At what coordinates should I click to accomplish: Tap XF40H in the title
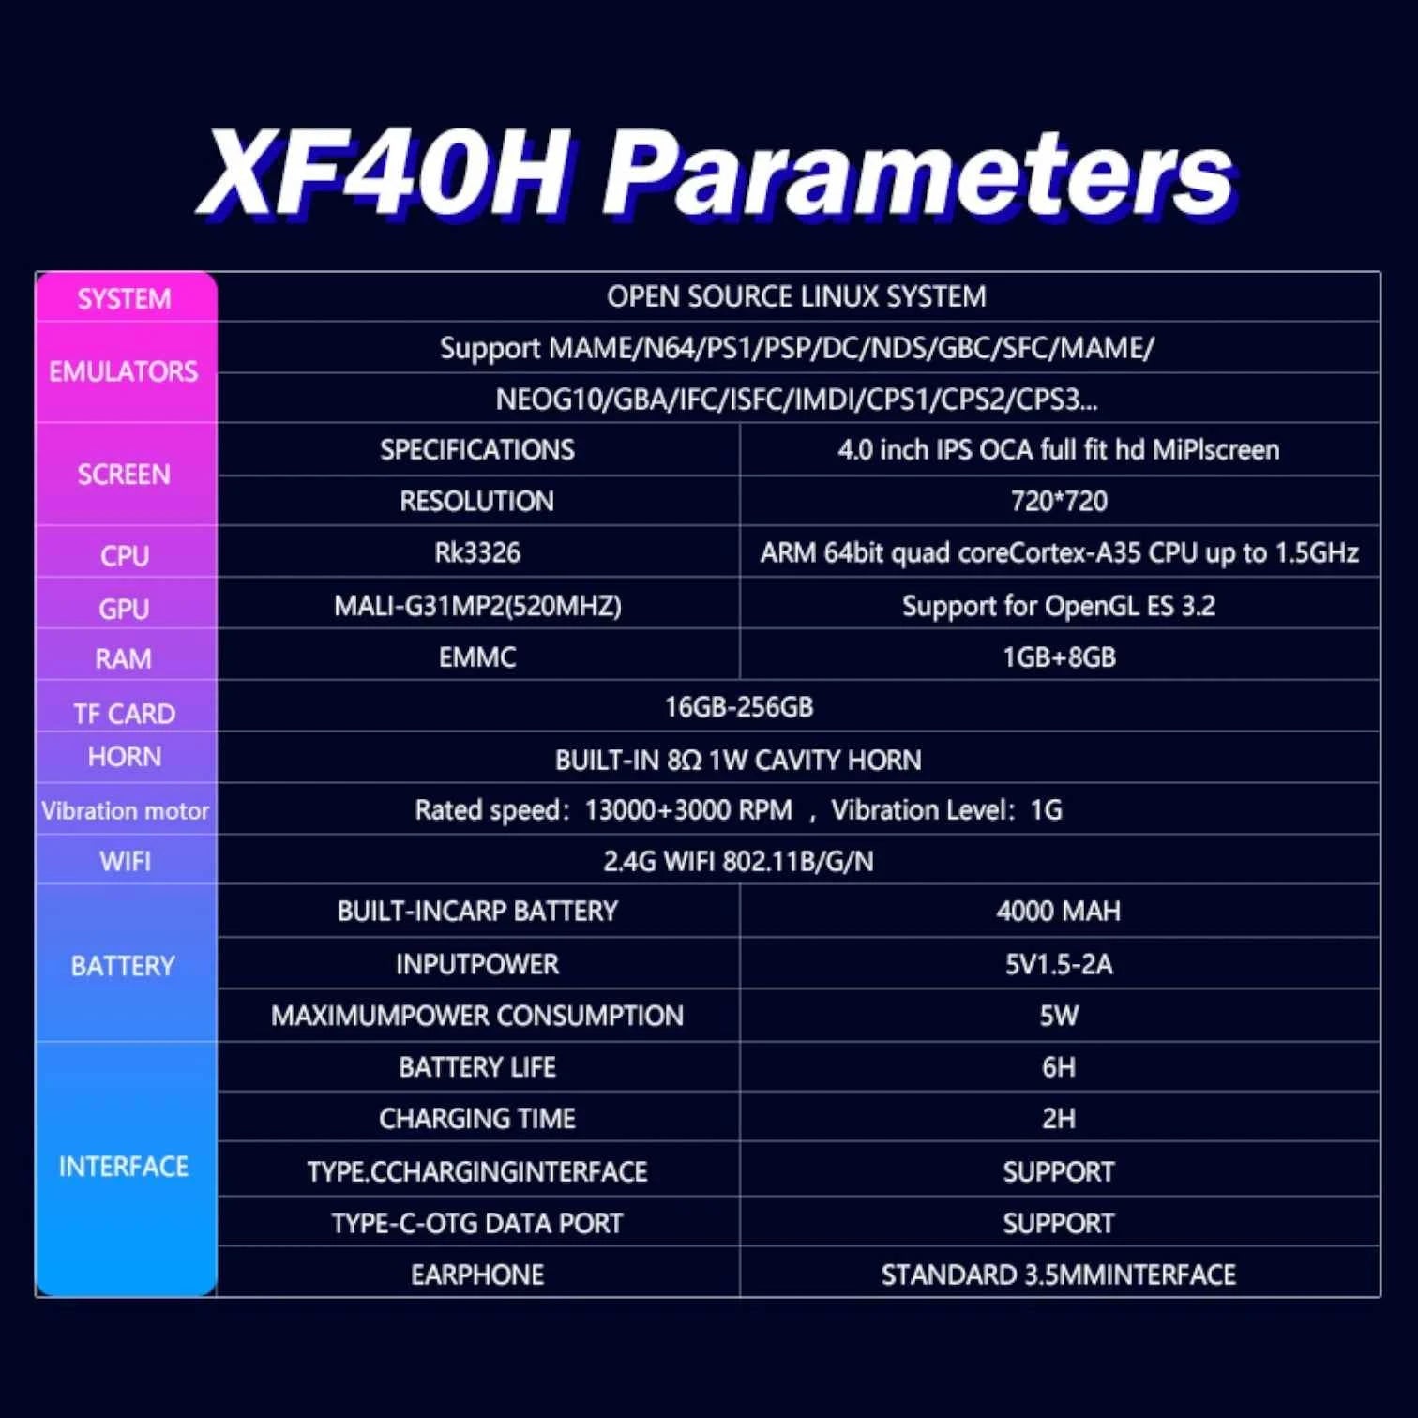[x=385, y=173]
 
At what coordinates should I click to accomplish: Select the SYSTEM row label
[x=125, y=299]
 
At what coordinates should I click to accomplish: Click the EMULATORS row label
[x=124, y=371]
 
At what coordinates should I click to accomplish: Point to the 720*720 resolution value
[x=1059, y=501]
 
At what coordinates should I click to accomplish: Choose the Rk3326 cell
[x=477, y=552]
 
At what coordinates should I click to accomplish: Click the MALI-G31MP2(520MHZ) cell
[x=477, y=606]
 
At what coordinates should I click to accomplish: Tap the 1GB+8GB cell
[x=1059, y=657]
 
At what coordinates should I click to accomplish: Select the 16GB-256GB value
[x=739, y=707]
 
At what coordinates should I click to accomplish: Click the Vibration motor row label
[x=125, y=810]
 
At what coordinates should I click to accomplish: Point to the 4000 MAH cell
[x=1059, y=911]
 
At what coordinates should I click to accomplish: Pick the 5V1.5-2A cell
[x=1059, y=964]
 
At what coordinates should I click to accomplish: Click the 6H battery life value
[x=1059, y=1067]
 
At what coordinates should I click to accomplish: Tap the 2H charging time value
[x=1059, y=1119]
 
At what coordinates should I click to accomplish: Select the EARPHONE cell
[x=477, y=1275]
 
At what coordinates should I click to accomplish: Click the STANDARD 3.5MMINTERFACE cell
[x=1059, y=1275]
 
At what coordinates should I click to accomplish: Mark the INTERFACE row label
[x=124, y=1167]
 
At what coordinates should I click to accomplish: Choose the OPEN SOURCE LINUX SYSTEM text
[x=796, y=297]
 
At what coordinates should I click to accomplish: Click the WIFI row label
[x=125, y=861]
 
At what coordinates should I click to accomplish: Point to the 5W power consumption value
[x=1059, y=1016]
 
